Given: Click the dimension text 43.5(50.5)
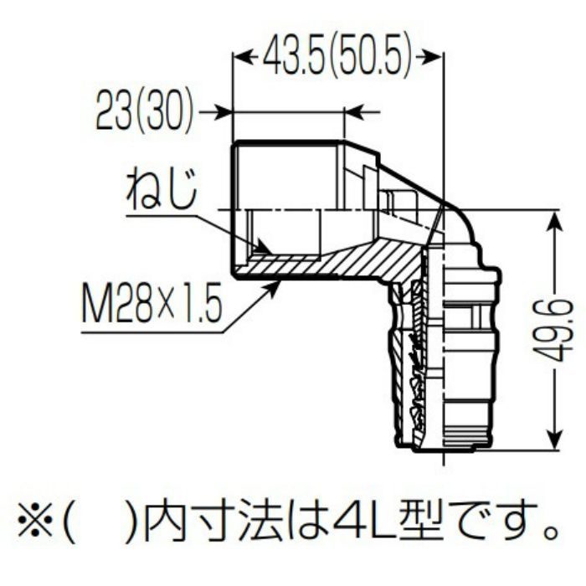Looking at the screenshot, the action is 337,57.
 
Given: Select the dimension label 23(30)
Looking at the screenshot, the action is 145,111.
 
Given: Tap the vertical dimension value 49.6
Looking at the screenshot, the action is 552,330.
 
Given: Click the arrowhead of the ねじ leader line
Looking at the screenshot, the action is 262,248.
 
